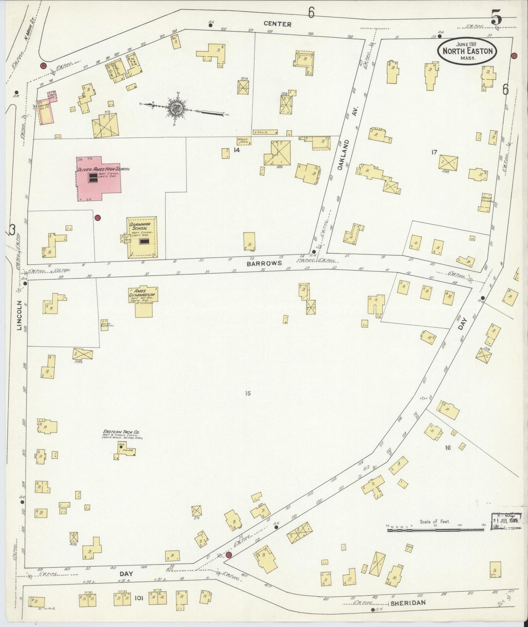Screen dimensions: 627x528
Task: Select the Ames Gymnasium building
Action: click(x=146, y=302)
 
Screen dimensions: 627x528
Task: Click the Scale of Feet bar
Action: click(x=435, y=528)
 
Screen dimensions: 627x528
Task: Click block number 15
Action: click(x=248, y=393)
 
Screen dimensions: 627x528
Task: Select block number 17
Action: click(x=434, y=152)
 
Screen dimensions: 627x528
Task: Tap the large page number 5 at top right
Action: click(x=497, y=17)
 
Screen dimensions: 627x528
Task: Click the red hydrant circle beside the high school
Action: click(x=98, y=218)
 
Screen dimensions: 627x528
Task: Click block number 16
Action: click(x=448, y=447)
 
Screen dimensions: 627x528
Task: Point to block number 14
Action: click(x=237, y=150)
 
